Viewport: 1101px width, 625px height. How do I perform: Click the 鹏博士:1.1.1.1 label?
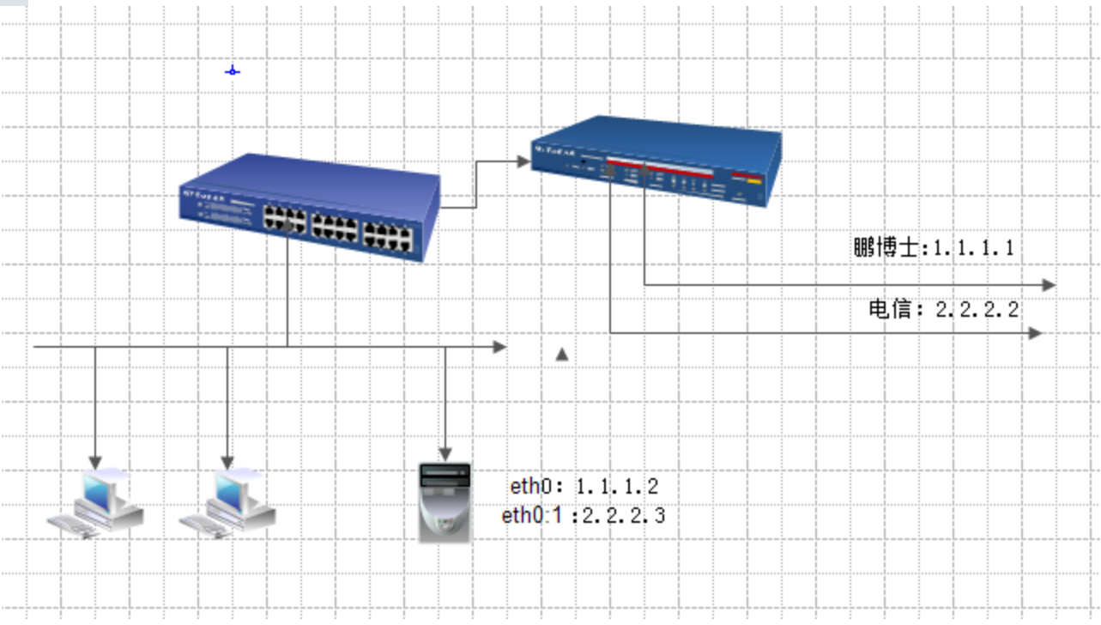tap(934, 247)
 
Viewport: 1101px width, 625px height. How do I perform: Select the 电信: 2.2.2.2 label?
tap(944, 309)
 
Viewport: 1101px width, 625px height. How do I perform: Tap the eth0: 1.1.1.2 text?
tap(584, 486)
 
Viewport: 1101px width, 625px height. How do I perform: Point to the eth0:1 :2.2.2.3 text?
tap(584, 515)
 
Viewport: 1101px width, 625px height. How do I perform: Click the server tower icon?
tap(445, 502)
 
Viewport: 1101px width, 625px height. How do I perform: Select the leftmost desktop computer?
tap(95, 503)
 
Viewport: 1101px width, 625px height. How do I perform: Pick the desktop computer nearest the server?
tap(227, 503)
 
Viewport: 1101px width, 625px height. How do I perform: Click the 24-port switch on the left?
tap(310, 207)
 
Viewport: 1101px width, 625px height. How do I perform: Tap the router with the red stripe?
tap(656, 161)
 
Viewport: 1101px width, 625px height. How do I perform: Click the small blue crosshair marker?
tap(233, 71)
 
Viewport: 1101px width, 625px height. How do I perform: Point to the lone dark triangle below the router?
tap(562, 355)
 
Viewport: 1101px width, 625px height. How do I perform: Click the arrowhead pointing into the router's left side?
tap(523, 161)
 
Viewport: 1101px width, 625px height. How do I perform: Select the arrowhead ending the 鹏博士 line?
tap(1050, 285)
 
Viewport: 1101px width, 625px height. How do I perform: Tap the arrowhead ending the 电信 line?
tap(1035, 333)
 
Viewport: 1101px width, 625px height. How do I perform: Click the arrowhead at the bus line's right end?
tap(500, 347)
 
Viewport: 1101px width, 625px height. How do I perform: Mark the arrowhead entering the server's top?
tap(445, 455)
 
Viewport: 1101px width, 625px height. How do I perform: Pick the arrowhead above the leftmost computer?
tap(95, 463)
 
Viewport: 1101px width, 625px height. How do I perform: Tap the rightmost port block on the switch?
tap(388, 237)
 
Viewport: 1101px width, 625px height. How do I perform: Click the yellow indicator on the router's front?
tap(754, 181)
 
